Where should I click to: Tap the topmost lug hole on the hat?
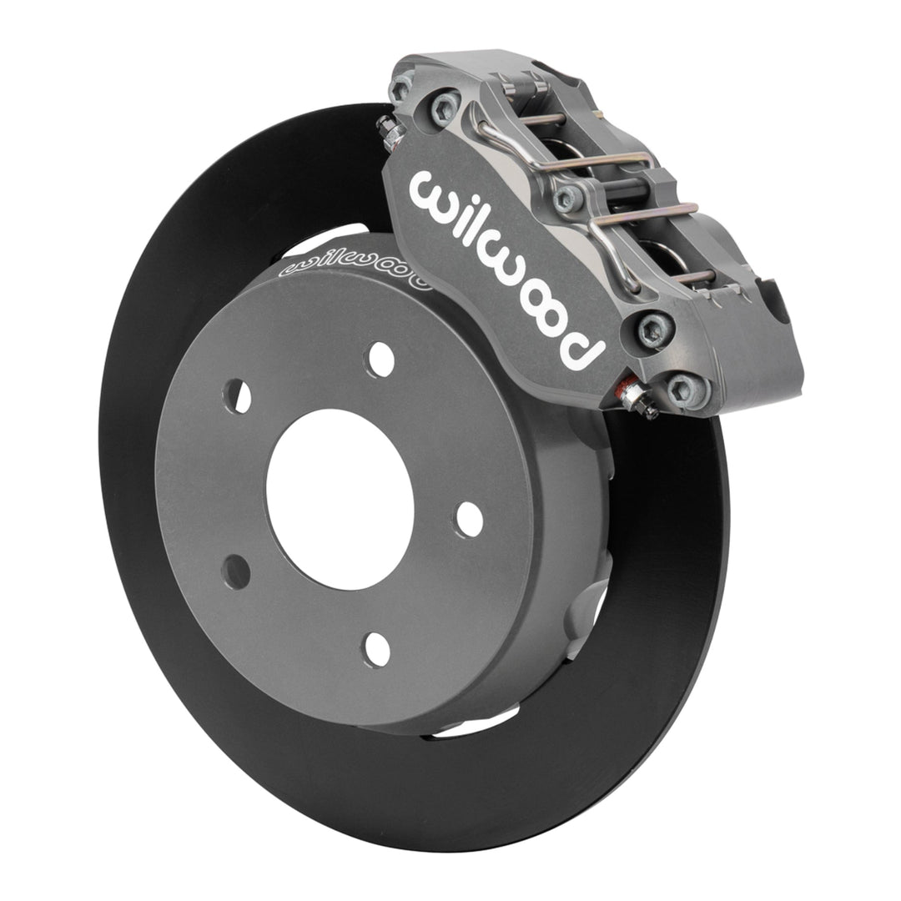click(380, 359)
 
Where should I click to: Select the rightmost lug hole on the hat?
click(469, 519)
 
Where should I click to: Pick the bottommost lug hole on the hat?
click(377, 648)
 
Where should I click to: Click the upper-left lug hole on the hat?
click(237, 395)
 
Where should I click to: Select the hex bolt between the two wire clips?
click(569, 196)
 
